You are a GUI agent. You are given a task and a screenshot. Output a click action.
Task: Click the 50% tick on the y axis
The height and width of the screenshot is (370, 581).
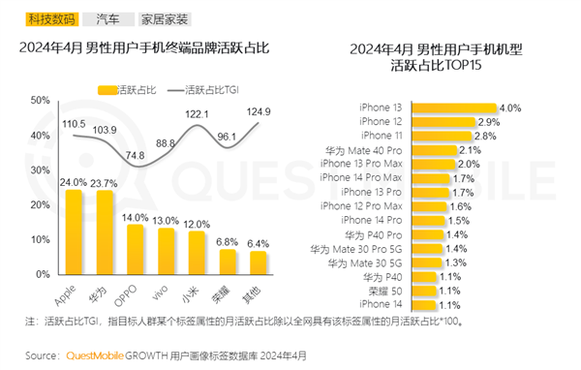click(40, 101)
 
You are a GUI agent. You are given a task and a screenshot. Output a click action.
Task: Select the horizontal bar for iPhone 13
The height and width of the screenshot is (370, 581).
click(455, 108)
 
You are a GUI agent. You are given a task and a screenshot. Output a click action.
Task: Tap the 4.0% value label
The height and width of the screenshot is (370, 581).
click(510, 108)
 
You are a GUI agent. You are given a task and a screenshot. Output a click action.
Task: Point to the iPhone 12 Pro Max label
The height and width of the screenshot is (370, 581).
click(366, 206)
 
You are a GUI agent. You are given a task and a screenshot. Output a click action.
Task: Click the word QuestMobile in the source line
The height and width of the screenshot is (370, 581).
click(95, 355)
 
